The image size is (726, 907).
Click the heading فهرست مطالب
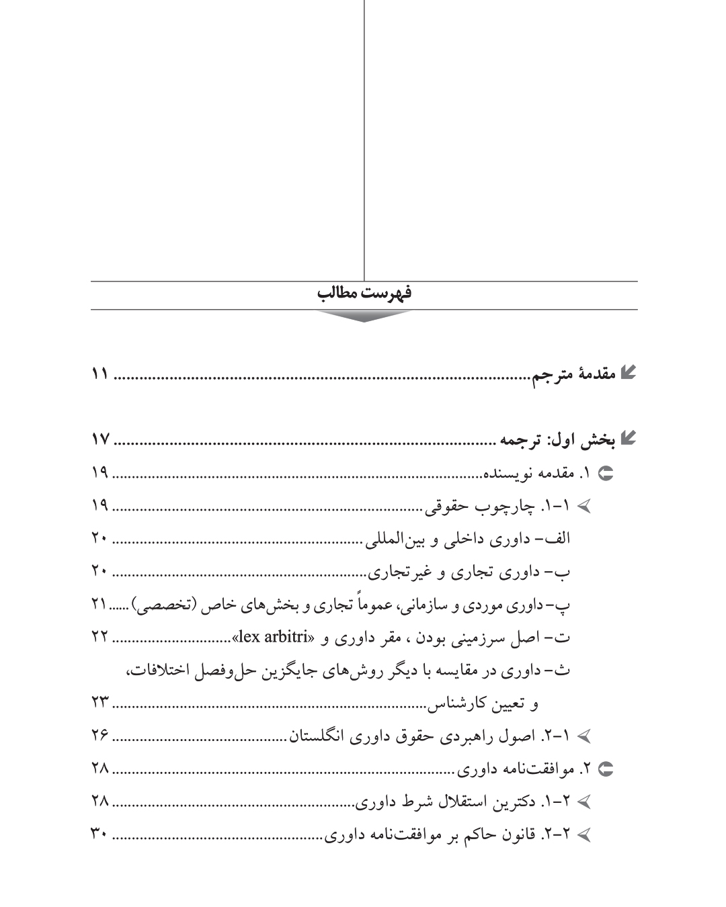click(x=363, y=294)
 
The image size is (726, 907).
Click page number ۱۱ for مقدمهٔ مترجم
click(x=99, y=374)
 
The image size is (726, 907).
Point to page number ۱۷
click(x=99, y=441)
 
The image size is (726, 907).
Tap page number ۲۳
click(x=99, y=703)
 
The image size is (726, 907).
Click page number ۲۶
click(x=99, y=736)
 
